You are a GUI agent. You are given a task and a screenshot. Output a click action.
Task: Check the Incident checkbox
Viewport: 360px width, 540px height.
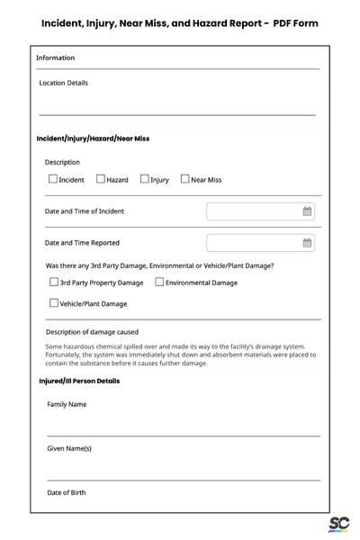52,179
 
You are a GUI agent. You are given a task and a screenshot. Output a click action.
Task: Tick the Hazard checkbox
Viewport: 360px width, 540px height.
100,179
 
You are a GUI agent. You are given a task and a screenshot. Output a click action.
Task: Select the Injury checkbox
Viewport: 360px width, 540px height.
144,179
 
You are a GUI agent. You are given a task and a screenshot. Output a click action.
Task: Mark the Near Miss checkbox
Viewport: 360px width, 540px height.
184,179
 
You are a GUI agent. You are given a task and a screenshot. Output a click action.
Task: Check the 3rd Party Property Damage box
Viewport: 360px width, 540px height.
53,283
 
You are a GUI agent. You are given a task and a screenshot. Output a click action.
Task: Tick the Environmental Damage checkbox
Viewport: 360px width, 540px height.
159,283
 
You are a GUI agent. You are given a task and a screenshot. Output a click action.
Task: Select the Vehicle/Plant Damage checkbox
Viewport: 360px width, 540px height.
53,303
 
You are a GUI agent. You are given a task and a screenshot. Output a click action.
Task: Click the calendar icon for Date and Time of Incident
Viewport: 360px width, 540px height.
307,211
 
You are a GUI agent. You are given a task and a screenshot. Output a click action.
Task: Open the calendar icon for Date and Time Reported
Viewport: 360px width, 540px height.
307,243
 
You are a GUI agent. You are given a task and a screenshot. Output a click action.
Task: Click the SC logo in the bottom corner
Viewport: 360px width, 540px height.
338,525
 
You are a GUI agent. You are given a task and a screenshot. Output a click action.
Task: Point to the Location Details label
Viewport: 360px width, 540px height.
64,83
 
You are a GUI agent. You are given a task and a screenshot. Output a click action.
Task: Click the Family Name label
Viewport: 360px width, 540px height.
67,404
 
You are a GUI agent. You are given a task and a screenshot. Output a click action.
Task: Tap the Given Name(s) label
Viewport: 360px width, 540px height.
69,448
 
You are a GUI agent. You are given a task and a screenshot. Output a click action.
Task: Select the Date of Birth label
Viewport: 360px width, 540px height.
67,492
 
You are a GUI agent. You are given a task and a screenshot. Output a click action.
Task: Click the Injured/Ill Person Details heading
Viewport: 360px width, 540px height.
79,381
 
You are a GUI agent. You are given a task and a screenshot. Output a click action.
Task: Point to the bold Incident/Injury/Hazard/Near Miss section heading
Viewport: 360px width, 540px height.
93,139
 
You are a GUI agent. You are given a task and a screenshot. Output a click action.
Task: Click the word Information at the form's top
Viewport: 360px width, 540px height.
56,58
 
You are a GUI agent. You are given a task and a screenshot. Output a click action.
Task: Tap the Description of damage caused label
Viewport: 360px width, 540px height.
92,332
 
